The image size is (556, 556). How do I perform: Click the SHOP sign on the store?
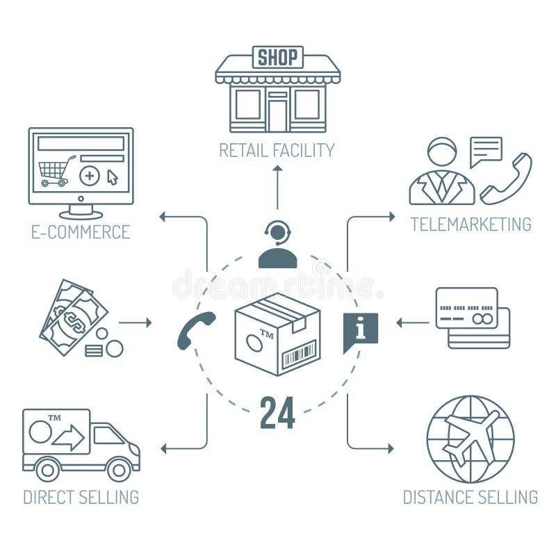[277, 57]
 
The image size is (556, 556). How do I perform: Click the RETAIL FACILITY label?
[277, 150]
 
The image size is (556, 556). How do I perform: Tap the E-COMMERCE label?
[81, 232]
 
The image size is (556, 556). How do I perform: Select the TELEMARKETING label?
[471, 224]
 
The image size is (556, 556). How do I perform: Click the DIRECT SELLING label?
[81, 497]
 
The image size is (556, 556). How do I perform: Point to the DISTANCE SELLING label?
[471, 497]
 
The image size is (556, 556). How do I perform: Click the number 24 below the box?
[277, 413]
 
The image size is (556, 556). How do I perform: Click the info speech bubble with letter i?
[360, 331]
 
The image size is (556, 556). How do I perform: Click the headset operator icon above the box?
[277, 245]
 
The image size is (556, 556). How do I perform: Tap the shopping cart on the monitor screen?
[56, 171]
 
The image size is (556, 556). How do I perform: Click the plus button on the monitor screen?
[89, 176]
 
